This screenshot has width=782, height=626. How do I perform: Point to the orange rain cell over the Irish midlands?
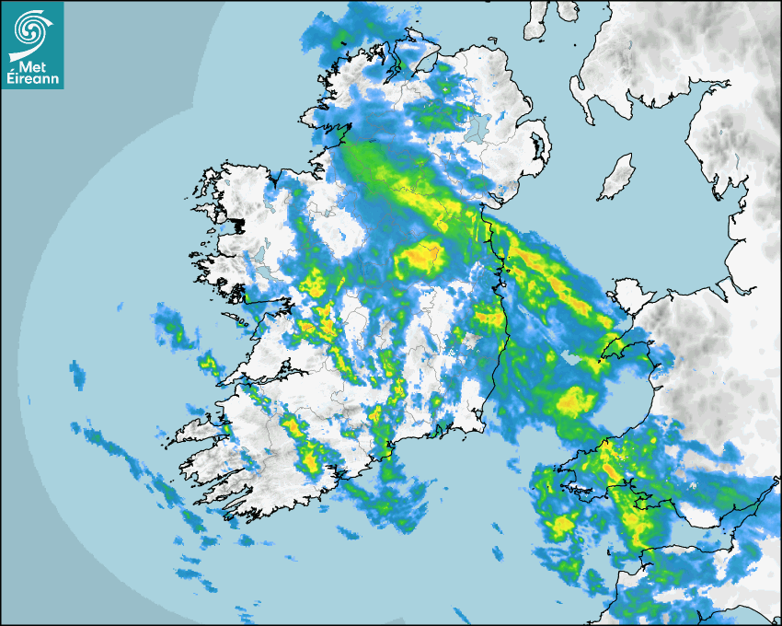pyautogui.click(x=419, y=259)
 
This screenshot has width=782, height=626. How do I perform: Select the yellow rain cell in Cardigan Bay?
pyautogui.click(x=576, y=400)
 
